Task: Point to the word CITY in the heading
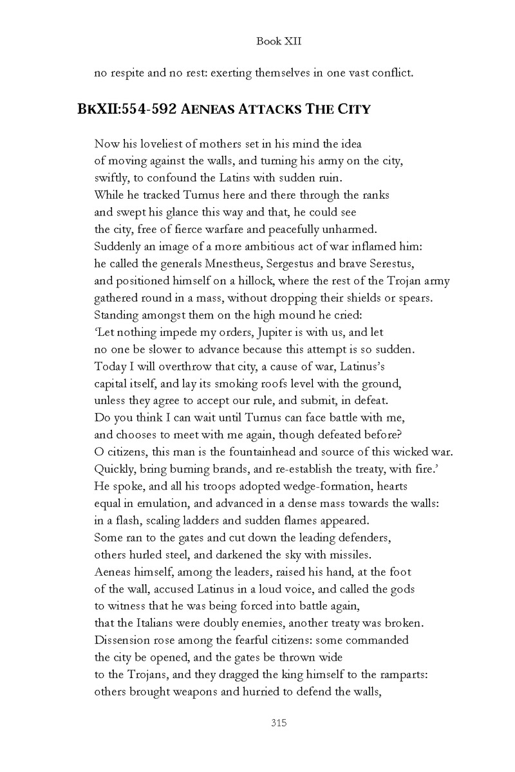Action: [x=351, y=108]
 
